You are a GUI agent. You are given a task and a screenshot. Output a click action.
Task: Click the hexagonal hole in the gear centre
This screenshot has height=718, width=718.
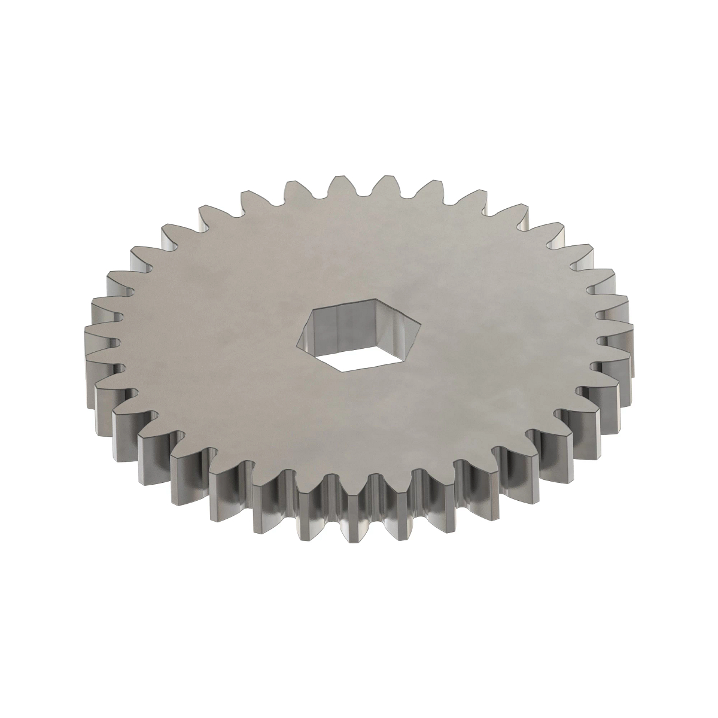(358, 335)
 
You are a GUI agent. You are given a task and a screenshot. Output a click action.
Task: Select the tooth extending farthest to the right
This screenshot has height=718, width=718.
(622, 335)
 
